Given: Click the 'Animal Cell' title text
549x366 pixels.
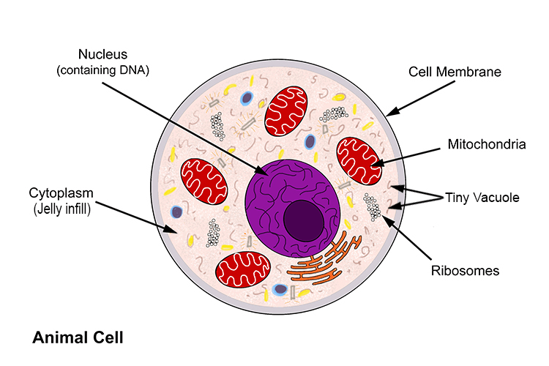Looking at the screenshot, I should tap(78, 338).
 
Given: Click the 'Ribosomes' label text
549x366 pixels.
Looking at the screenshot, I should tap(464, 272).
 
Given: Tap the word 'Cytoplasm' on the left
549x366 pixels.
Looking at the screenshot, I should tap(60, 193).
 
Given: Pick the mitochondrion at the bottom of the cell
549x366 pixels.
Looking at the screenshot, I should tap(239, 269).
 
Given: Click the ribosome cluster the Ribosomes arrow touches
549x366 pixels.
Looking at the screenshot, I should tap(373, 206).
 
